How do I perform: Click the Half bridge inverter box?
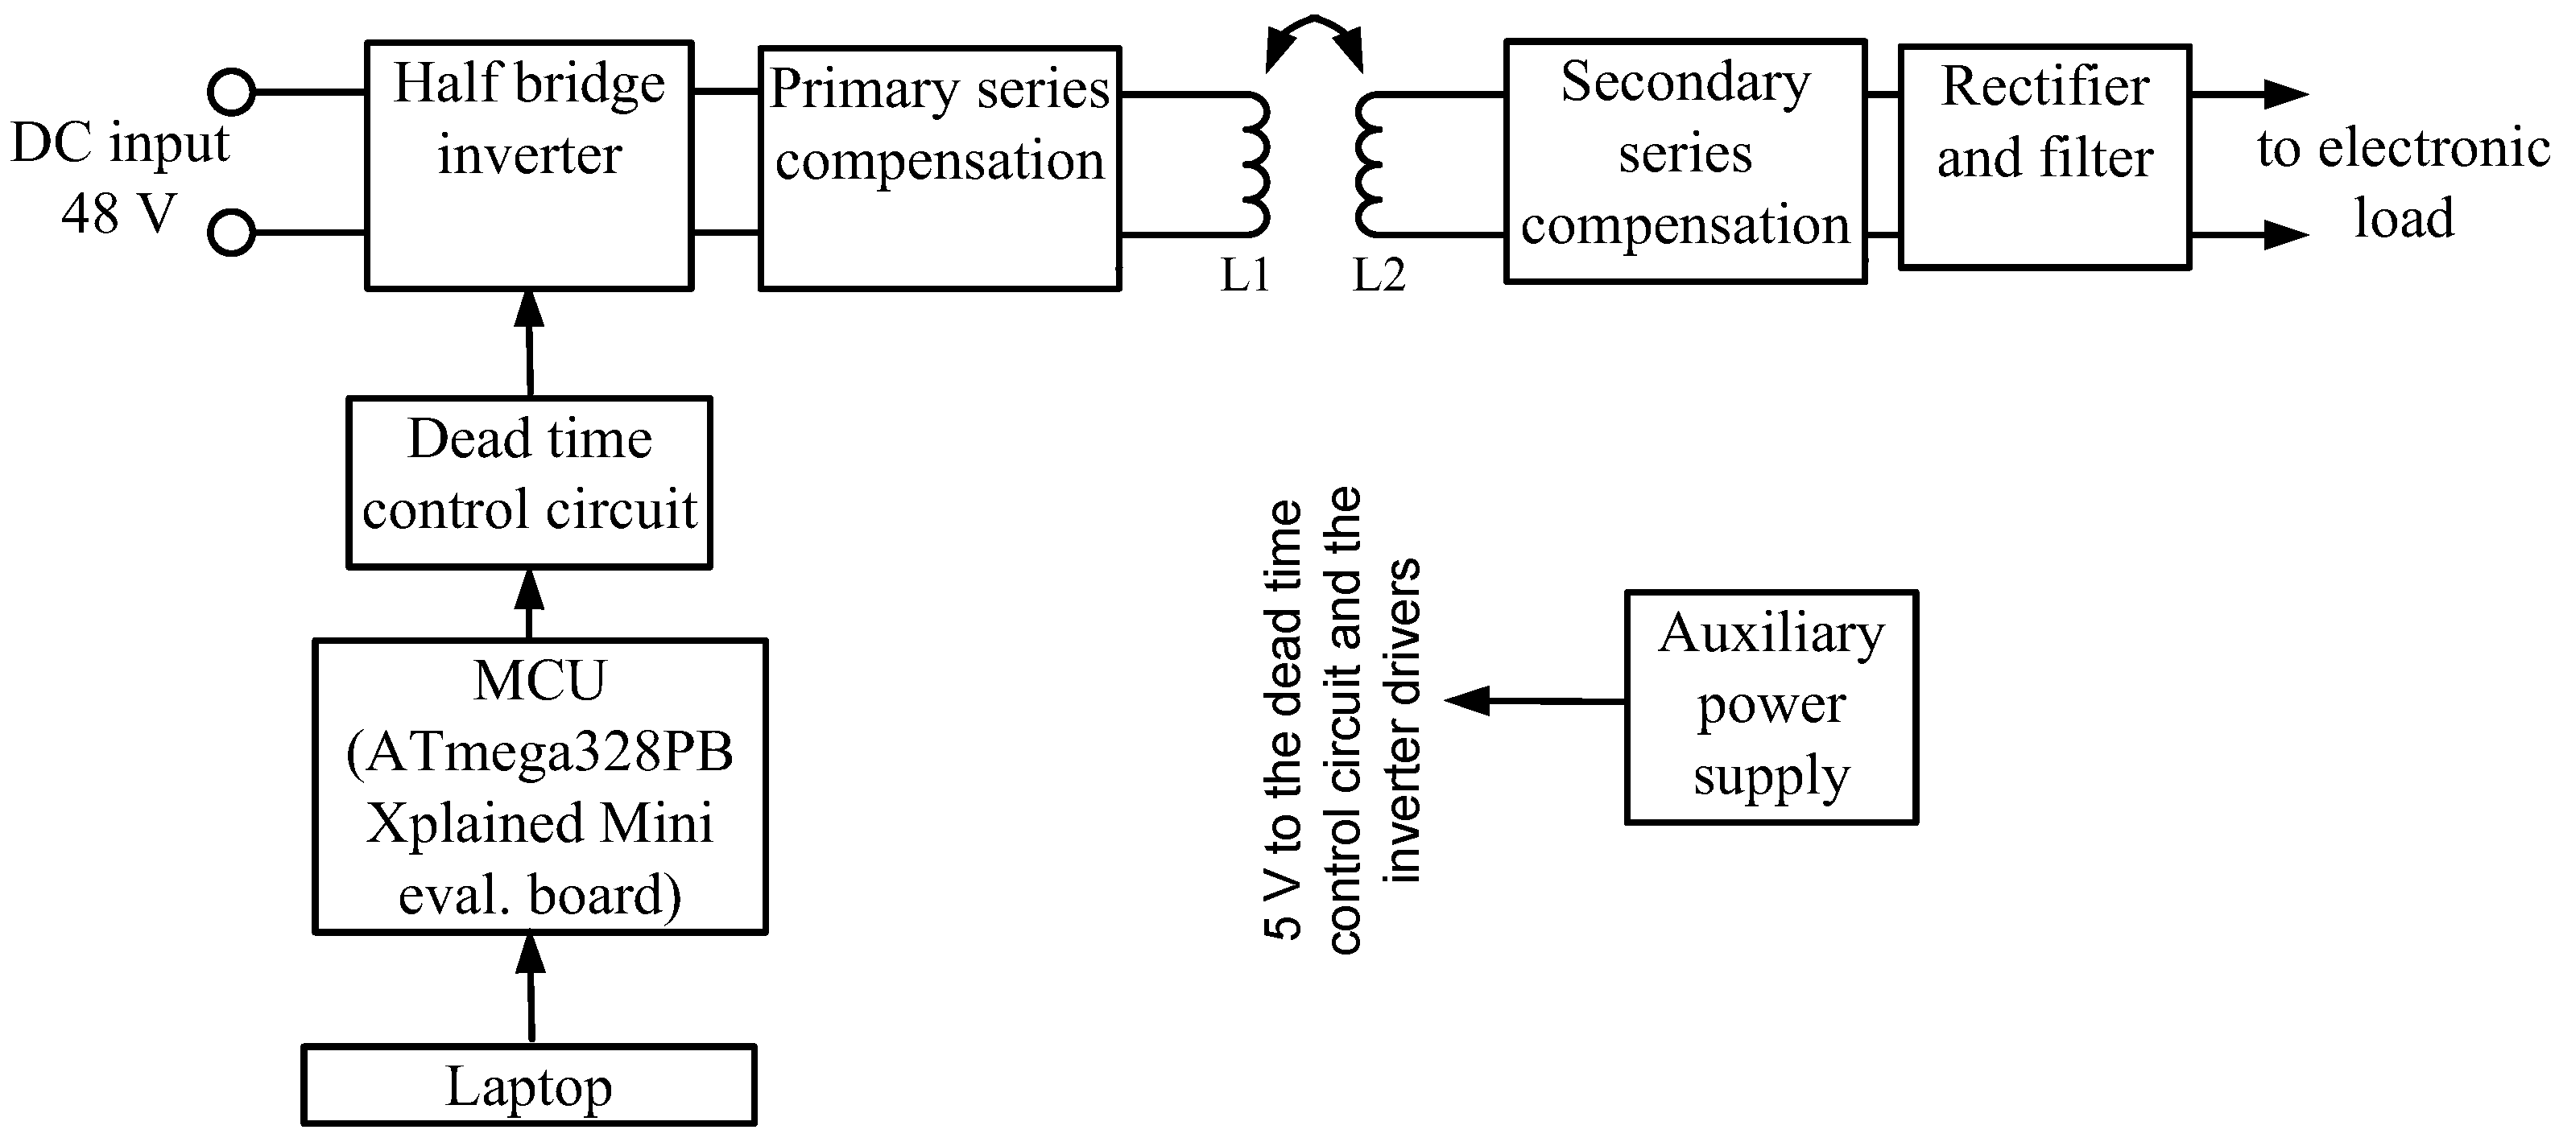pyautogui.click(x=528, y=165)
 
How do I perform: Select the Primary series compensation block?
pyautogui.click(x=939, y=169)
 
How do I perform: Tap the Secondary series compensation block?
pyautogui.click(x=1685, y=161)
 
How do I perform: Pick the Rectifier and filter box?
pyautogui.click(x=2044, y=157)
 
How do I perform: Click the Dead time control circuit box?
pyautogui.click(x=528, y=483)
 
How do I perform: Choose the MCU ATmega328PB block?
pyautogui.click(x=539, y=786)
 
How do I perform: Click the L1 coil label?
pyautogui.click(x=1245, y=275)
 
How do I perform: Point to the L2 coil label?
pyautogui.click(x=1379, y=275)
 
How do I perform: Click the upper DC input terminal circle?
pyautogui.click(x=231, y=93)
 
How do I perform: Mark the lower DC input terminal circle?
pyautogui.click(x=231, y=233)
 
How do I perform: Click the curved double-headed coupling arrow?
pyautogui.click(x=1313, y=38)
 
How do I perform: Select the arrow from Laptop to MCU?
pyautogui.click(x=531, y=987)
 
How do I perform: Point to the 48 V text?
pyautogui.click(x=118, y=213)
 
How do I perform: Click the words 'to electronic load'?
pyautogui.click(x=2402, y=183)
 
